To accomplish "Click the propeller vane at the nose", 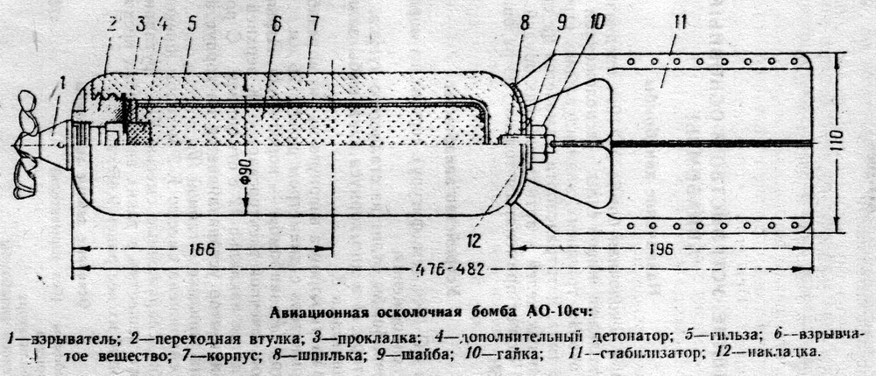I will pos(26,145).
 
